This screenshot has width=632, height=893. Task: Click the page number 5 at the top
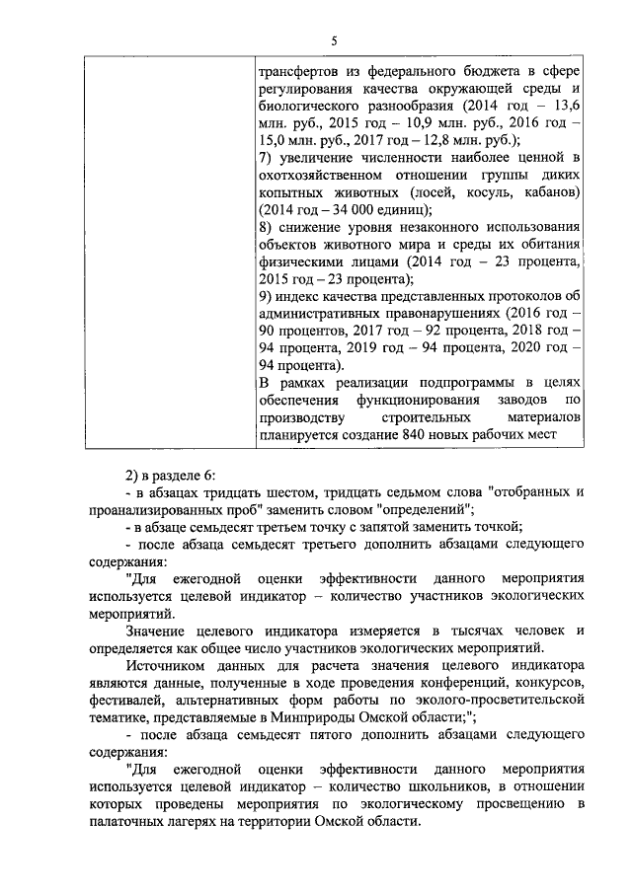(x=333, y=40)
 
